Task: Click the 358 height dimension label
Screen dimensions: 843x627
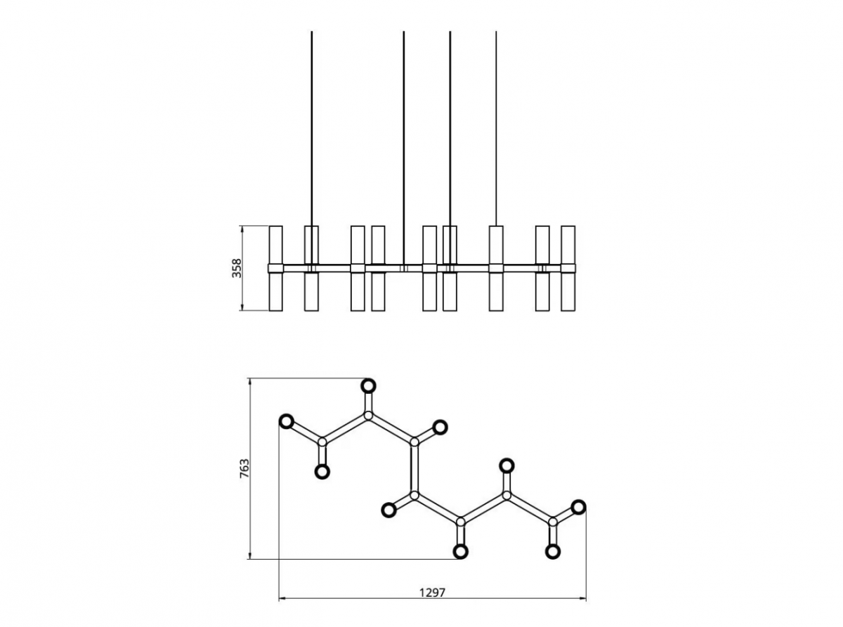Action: pos(237,268)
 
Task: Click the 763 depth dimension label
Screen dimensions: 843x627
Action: pos(244,468)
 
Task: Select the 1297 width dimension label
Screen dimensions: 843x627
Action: pos(432,593)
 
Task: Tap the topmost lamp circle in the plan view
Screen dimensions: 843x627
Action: pos(368,385)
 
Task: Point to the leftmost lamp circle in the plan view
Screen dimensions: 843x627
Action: pos(287,421)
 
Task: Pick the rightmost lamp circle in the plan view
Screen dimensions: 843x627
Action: pos(578,507)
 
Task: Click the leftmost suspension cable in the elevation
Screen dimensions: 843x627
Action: pos(312,148)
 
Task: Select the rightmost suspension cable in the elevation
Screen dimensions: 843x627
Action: pos(496,128)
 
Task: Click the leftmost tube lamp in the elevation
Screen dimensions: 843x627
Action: pos(275,268)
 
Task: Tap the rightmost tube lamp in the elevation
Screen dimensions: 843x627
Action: pos(568,268)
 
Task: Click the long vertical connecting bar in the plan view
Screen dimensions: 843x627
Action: pos(414,468)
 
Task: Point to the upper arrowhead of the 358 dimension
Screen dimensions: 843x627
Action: pos(242,229)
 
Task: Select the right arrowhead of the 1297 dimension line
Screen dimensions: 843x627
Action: pos(582,598)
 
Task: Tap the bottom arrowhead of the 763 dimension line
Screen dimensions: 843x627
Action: pos(249,555)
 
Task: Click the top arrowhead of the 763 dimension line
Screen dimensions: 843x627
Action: pos(249,382)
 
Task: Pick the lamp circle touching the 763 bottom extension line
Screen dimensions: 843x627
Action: pos(460,551)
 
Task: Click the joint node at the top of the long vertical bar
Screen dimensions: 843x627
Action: pos(414,442)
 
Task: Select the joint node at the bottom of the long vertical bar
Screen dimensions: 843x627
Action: pos(414,496)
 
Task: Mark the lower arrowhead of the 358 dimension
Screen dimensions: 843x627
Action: pos(242,308)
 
